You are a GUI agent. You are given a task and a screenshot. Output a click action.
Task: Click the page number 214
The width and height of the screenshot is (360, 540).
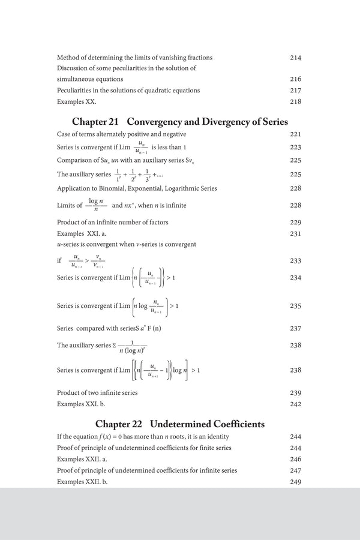pyautogui.click(x=295, y=58)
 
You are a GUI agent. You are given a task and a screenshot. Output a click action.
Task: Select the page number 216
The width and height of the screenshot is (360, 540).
pyautogui.click(x=295, y=79)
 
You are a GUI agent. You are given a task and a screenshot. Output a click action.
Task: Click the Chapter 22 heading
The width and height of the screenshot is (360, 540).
pyautogui.click(x=179, y=424)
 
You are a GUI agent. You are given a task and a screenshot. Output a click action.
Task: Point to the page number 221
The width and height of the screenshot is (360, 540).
pyautogui.click(x=295, y=134)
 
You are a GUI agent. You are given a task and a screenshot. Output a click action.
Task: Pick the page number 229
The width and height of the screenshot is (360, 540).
pyautogui.click(x=295, y=222)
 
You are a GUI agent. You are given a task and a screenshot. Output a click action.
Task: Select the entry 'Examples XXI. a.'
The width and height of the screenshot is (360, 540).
pyautogui.click(x=82, y=233)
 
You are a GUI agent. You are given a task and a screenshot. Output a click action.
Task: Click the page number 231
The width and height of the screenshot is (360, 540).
pyautogui.click(x=295, y=233)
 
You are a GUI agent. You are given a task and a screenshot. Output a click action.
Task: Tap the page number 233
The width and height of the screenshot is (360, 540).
pyautogui.click(x=295, y=261)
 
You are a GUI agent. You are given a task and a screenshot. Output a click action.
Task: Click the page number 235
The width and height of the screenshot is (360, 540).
pyautogui.click(x=295, y=306)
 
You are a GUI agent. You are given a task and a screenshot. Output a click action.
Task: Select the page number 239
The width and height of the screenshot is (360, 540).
pyautogui.click(x=295, y=392)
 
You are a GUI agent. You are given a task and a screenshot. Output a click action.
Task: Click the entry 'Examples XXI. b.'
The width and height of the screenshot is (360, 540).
pyautogui.click(x=82, y=404)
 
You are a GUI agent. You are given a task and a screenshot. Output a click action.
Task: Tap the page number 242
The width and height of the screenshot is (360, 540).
pyautogui.click(x=295, y=404)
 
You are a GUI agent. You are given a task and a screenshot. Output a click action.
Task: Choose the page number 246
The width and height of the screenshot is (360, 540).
pyautogui.click(x=295, y=459)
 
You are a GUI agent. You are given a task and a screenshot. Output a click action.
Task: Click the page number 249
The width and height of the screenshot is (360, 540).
pyautogui.click(x=295, y=482)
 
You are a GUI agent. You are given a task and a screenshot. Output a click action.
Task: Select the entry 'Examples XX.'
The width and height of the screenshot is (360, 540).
pyautogui.click(x=76, y=101)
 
